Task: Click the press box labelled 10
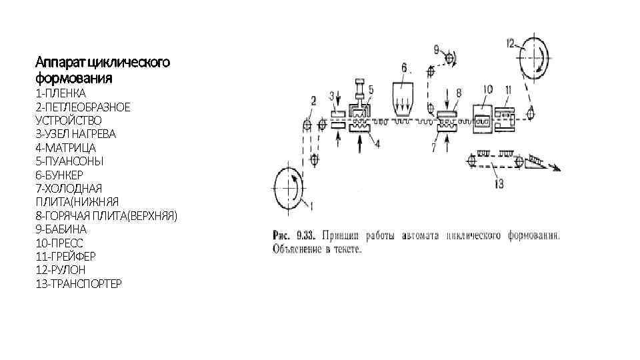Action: [485, 118]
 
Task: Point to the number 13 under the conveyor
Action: [499, 183]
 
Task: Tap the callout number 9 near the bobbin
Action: [437, 49]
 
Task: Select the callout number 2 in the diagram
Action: [313, 101]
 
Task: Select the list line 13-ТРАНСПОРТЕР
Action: [79, 284]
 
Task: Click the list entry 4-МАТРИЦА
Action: [65, 147]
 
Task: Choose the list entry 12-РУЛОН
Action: [61, 270]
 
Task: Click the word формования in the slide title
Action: [74, 78]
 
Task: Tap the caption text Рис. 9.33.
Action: [293, 235]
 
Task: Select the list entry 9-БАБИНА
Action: [61, 229]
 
